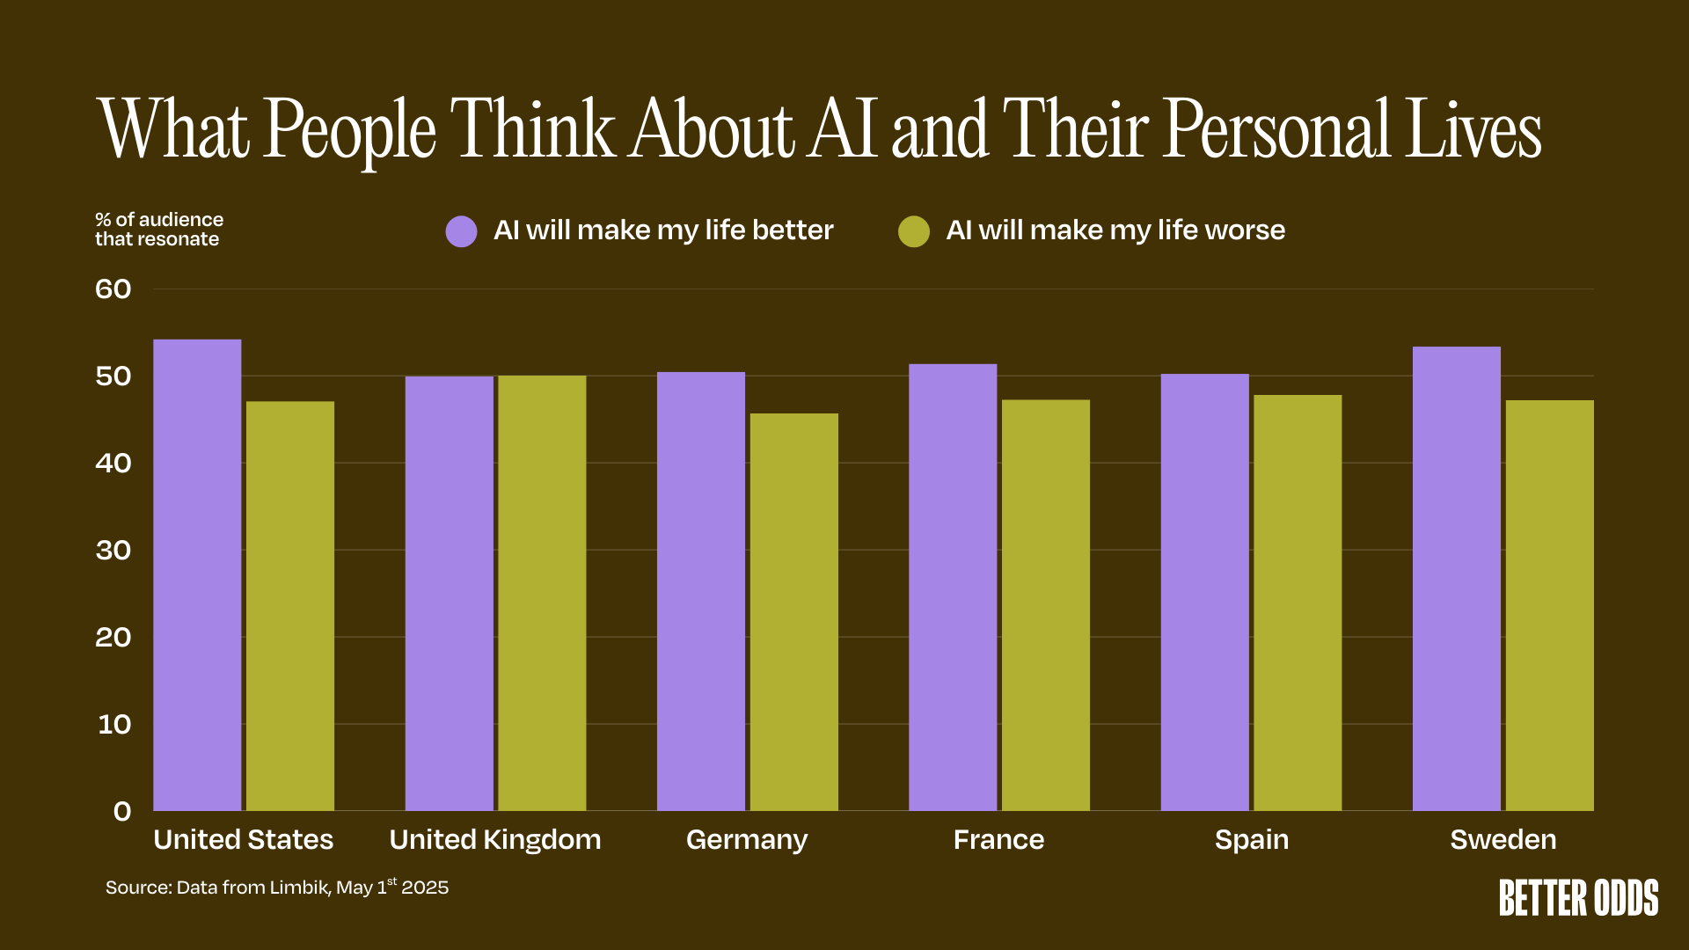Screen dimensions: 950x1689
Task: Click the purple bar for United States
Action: click(x=197, y=575)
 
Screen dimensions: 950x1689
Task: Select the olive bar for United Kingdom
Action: click(x=542, y=593)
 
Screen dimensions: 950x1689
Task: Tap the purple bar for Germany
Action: click(x=701, y=591)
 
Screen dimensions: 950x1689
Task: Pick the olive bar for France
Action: click(x=1045, y=605)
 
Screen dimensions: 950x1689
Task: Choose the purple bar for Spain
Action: click(x=1204, y=592)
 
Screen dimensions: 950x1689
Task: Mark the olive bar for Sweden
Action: click(x=1549, y=605)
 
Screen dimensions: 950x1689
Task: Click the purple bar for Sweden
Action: click(x=1456, y=579)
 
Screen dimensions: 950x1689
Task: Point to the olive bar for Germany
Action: click(x=793, y=612)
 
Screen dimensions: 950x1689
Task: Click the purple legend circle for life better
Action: click(x=461, y=231)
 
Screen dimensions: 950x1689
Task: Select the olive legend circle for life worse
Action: click(x=914, y=231)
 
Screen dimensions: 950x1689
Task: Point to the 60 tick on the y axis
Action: click(x=113, y=289)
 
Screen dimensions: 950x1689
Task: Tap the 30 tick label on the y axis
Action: click(x=113, y=551)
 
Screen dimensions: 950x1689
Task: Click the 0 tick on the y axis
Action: click(x=122, y=811)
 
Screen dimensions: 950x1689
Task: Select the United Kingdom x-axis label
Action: click(x=495, y=840)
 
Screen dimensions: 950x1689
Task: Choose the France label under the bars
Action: click(x=998, y=840)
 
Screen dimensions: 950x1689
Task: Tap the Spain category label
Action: click(x=1251, y=840)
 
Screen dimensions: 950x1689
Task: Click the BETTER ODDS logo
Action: click(x=1578, y=898)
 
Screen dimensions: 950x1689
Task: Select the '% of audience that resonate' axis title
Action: click(x=159, y=230)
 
